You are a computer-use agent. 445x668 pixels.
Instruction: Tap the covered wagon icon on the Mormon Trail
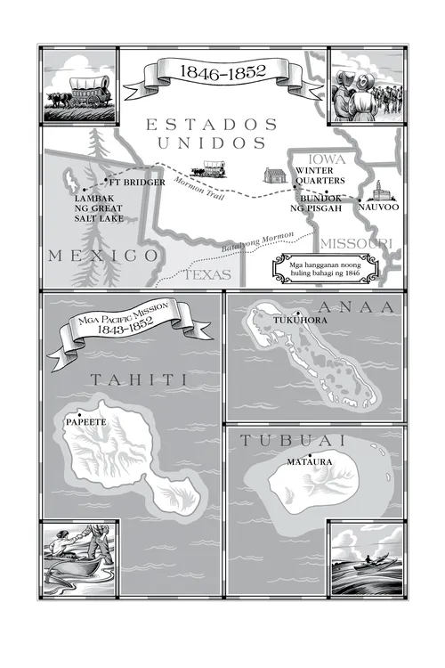pos(214,167)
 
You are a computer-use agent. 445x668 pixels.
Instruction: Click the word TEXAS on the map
pos(207,276)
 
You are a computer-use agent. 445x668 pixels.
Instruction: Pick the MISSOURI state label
pos(355,243)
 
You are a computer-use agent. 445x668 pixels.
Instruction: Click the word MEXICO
pos(102,257)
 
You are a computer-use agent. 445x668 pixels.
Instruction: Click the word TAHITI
pos(138,380)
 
